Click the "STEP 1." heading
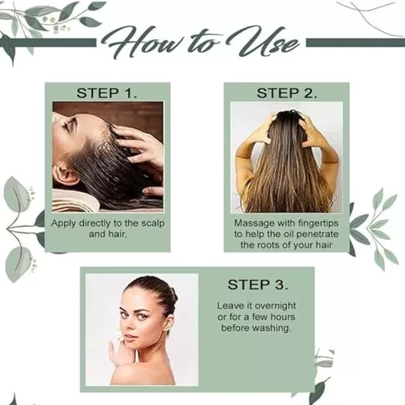point(107,93)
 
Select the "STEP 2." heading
point(287,93)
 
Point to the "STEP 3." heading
point(258,285)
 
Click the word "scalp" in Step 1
point(153,224)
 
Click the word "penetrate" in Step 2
point(318,234)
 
